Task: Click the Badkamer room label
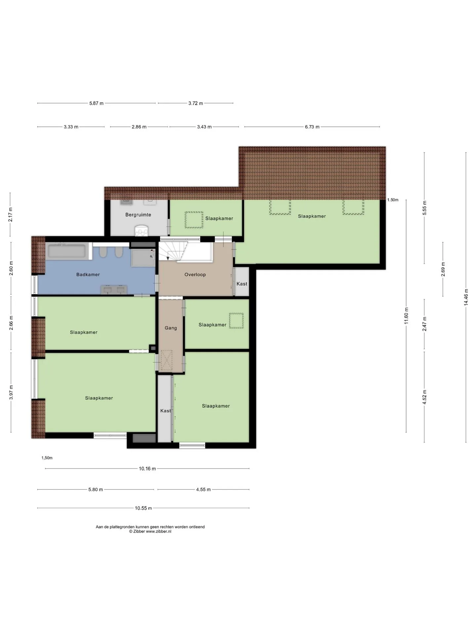[x=88, y=274]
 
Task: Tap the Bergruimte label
[x=138, y=215]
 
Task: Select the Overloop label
[x=195, y=274]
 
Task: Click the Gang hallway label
[x=171, y=328]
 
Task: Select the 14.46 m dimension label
[x=466, y=297]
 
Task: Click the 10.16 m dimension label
[x=147, y=469]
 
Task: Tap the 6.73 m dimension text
[x=312, y=127]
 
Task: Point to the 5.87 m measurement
[x=96, y=103]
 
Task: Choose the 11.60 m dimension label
[x=407, y=316]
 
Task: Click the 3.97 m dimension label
[x=11, y=392]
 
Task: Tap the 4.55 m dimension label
[x=203, y=490]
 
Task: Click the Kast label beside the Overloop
[x=242, y=284]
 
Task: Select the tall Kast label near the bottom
[x=165, y=411]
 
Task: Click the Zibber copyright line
[x=150, y=532]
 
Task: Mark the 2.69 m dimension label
[x=443, y=269]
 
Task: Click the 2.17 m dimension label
[x=10, y=214]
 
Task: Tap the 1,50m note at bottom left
[x=47, y=458]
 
